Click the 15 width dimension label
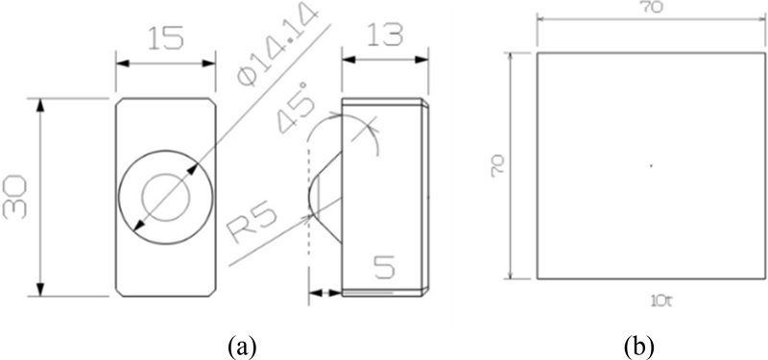[166, 37]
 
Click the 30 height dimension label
[14, 198]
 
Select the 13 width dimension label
[386, 35]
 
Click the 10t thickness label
[652, 300]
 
